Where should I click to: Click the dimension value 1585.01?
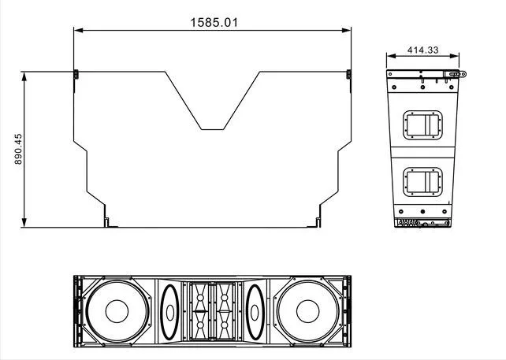click(x=213, y=21)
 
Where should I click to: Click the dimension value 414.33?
click(x=422, y=50)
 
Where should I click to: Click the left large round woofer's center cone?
click(x=115, y=312)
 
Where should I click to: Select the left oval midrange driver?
click(x=169, y=312)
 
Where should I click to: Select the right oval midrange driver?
click(x=254, y=312)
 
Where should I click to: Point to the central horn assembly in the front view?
click(x=211, y=312)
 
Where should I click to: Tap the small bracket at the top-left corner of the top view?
click(x=76, y=75)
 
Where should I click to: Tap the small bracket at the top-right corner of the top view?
click(x=348, y=75)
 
